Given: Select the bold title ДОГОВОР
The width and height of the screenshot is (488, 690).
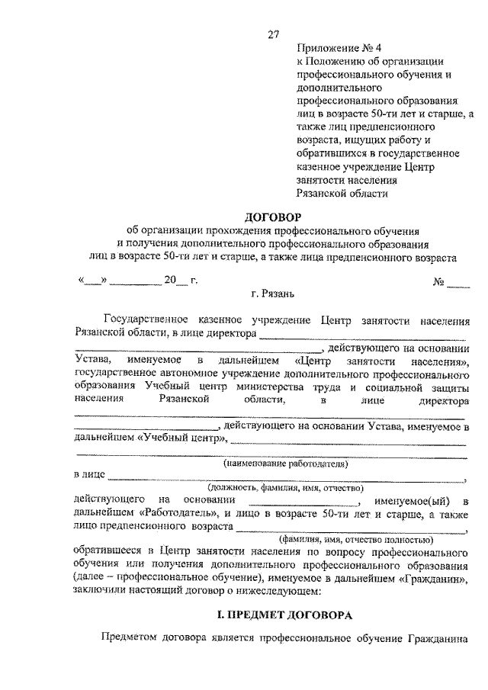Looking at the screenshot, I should pos(273,217).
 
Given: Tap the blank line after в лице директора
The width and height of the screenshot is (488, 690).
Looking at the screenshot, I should pos(362,333).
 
